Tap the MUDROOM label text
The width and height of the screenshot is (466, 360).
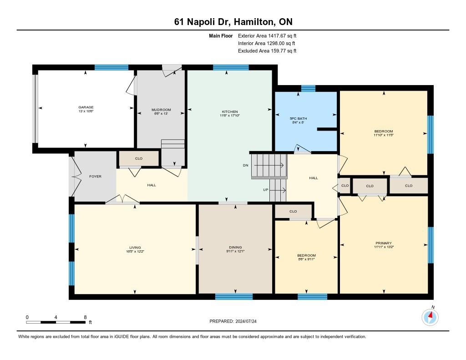pyautogui.click(x=161, y=110)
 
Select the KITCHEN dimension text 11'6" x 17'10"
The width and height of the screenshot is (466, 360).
pyautogui.click(x=229, y=116)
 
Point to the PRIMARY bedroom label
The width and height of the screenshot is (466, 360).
pyautogui.click(x=384, y=243)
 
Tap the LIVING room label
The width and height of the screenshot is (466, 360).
pyautogui.click(x=135, y=248)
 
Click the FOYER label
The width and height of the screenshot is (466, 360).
pyautogui.click(x=95, y=176)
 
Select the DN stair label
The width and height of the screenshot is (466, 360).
pyautogui.click(x=245, y=165)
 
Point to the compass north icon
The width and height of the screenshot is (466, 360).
pyautogui.click(x=430, y=316)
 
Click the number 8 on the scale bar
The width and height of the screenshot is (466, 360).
pyautogui.click(x=85, y=317)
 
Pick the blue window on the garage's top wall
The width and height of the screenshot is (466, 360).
pyautogui.click(x=111, y=67)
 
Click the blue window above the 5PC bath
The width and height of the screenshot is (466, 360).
pyautogui.click(x=308, y=88)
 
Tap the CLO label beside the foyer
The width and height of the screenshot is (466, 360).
pyautogui.click(x=139, y=159)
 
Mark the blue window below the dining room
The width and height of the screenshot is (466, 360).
pyautogui.click(x=233, y=297)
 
